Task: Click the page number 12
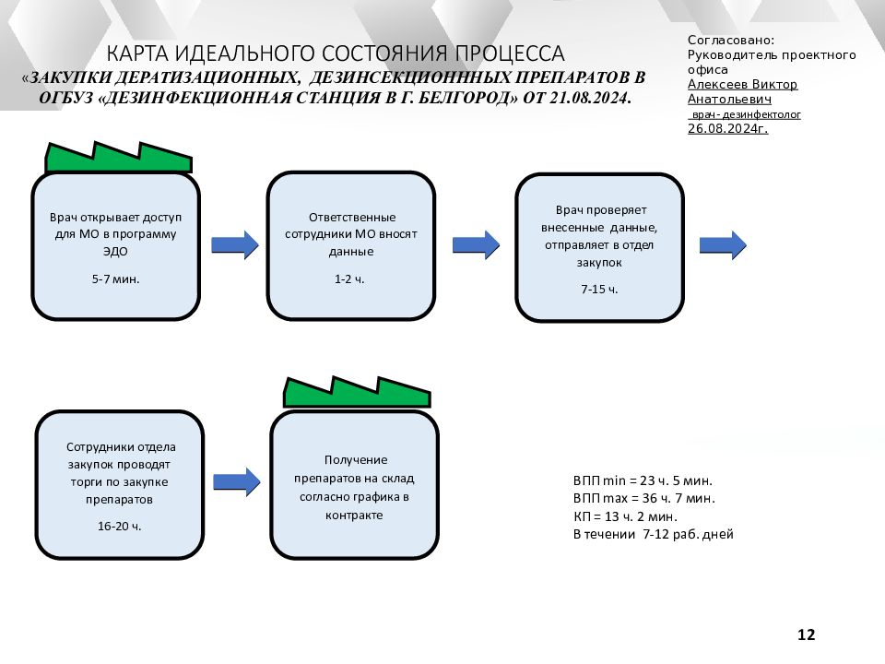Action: pos(806,634)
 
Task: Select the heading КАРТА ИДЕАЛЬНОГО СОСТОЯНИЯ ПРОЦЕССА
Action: pos(336,53)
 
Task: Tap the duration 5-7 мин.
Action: pos(116,279)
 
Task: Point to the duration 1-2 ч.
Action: pos(349,279)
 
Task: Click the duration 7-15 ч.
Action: pos(599,289)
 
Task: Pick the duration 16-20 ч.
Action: pos(119,527)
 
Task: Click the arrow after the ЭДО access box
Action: pos(235,245)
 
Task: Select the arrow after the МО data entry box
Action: pos(476,245)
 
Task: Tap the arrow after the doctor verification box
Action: pos(723,245)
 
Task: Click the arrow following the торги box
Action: pos(237,481)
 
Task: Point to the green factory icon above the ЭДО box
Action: pos(119,158)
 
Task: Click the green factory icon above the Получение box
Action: pos(357,393)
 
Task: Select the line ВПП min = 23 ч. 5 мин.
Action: pos(643,481)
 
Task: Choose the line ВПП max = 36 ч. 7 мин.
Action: pos(644,499)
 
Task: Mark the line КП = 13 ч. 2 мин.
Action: pos(625,516)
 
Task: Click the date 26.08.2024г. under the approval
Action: pos(727,129)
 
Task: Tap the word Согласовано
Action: pos(730,40)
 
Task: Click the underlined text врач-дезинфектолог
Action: pos(746,114)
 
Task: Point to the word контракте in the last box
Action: pos(354,516)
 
